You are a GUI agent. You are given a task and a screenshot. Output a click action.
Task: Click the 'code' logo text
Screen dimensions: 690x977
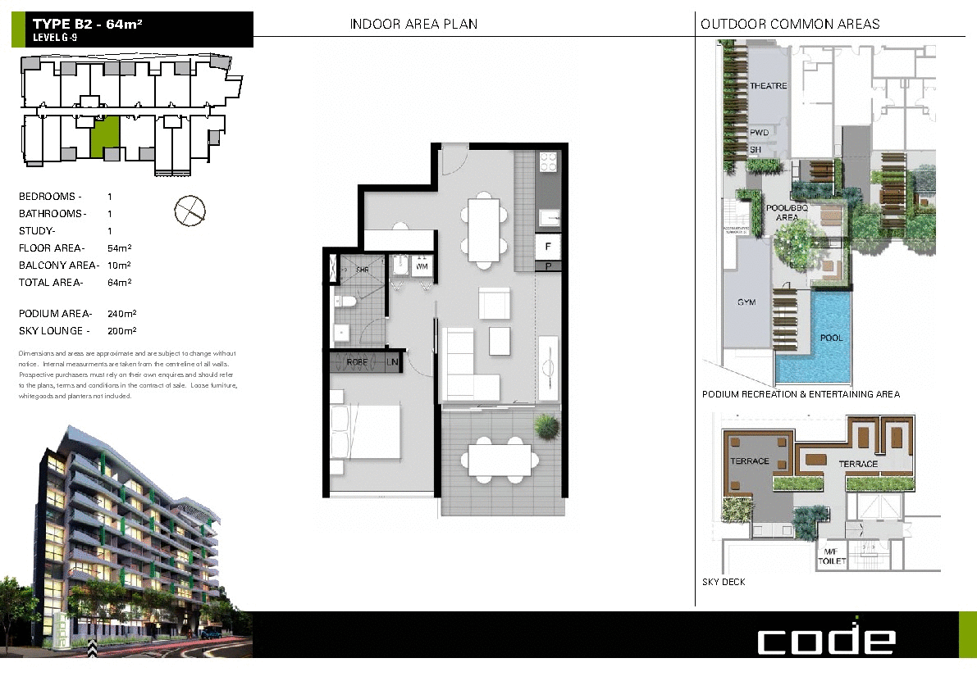click(825, 638)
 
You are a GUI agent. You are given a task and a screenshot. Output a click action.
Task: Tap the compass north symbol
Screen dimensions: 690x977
click(189, 211)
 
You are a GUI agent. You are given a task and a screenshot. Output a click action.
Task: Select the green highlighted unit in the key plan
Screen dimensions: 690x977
click(105, 136)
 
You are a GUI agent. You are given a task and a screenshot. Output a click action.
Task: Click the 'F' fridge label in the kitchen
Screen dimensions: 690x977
click(547, 246)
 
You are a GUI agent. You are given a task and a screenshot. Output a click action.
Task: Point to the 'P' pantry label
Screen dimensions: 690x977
click(547, 266)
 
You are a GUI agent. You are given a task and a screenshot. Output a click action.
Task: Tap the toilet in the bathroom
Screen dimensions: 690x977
click(346, 303)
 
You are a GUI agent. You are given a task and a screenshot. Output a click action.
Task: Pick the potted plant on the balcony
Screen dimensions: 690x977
click(546, 426)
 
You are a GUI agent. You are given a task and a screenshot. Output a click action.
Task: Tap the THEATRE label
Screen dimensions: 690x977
click(768, 86)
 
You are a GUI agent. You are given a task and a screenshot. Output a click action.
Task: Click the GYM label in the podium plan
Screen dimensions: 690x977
click(746, 302)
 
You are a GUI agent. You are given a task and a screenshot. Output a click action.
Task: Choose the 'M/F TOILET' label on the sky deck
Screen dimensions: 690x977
click(831, 556)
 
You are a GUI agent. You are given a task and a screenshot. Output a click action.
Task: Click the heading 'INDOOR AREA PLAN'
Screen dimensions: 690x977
click(413, 25)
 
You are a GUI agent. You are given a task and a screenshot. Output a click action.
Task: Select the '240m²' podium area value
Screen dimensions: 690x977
click(121, 314)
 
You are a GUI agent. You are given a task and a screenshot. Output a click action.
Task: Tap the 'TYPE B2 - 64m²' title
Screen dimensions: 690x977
click(88, 25)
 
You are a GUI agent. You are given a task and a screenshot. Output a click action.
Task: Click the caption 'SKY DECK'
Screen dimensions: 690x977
click(724, 583)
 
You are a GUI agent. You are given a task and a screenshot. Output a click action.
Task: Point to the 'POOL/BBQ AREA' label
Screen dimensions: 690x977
click(787, 213)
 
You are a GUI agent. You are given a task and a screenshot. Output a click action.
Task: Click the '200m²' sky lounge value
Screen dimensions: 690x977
click(121, 331)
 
